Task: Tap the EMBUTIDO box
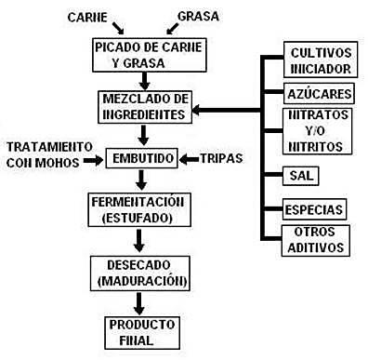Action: coord(139,159)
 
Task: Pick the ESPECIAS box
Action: coord(316,208)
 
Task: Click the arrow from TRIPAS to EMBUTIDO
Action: coord(187,159)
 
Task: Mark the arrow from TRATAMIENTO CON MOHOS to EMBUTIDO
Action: coord(94,160)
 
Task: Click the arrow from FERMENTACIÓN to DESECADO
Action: coord(139,241)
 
